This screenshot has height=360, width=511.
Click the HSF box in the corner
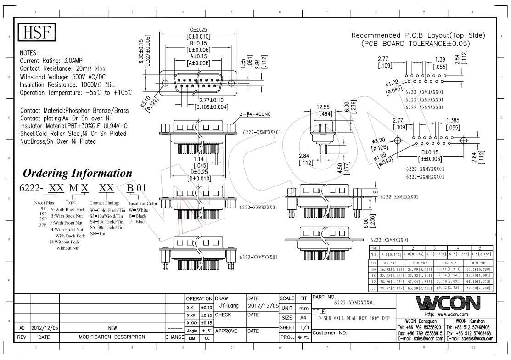pyautogui.click(x=37, y=33)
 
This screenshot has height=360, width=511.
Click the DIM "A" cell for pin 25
pyautogui.click(x=392, y=281)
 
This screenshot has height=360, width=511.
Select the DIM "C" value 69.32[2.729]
pyautogui.click(x=449, y=288)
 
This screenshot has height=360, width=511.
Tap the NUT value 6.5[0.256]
pyautogui.click(x=458, y=254)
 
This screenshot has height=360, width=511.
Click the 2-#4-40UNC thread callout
pyautogui.click(x=255, y=114)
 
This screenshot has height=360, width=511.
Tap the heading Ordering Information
pyautogui.click(x=78, y=173)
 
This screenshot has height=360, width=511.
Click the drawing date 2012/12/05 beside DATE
pyautogui.click(x=263, y=306)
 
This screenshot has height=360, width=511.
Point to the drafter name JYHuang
pyautogui.click(x=229, y=306)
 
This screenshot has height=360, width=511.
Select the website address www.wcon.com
pyautogui.click(x=452, y=315)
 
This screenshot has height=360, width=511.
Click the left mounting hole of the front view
pyautogui.click(x=165, y=83)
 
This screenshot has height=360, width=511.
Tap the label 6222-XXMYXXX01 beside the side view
pyautogui.click(x=258, y=257)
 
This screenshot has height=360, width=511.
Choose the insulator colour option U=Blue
pyautogui.click(x=136, y=222)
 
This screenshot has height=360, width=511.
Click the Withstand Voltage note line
pyautogui.click(x=62, y=77)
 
